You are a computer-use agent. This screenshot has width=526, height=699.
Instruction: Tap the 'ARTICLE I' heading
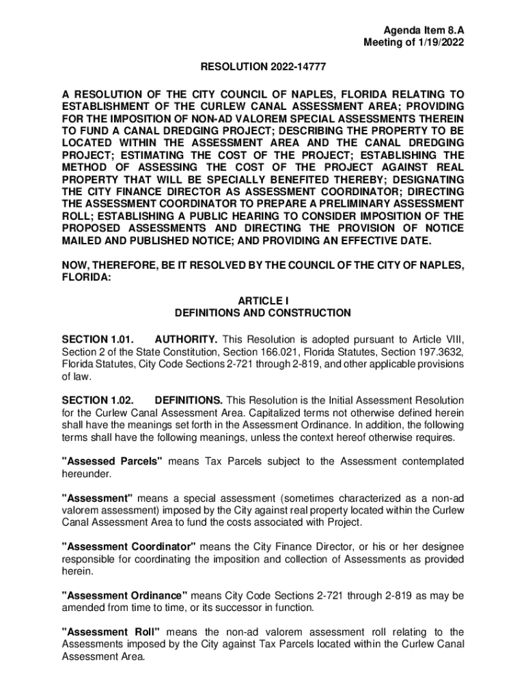click(262, 300)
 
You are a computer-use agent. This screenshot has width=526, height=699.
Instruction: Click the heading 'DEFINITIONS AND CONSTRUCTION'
click(262, 313)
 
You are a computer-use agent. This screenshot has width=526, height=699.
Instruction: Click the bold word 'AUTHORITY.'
click(186, 339)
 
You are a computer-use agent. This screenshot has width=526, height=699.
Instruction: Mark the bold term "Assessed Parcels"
click(112, 461)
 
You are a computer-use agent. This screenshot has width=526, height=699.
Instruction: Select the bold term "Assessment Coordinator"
click(128, 547)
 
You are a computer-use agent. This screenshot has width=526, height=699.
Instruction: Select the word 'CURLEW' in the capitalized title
click(271, 106)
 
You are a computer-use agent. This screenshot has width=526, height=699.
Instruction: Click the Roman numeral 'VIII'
click(453, 339)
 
